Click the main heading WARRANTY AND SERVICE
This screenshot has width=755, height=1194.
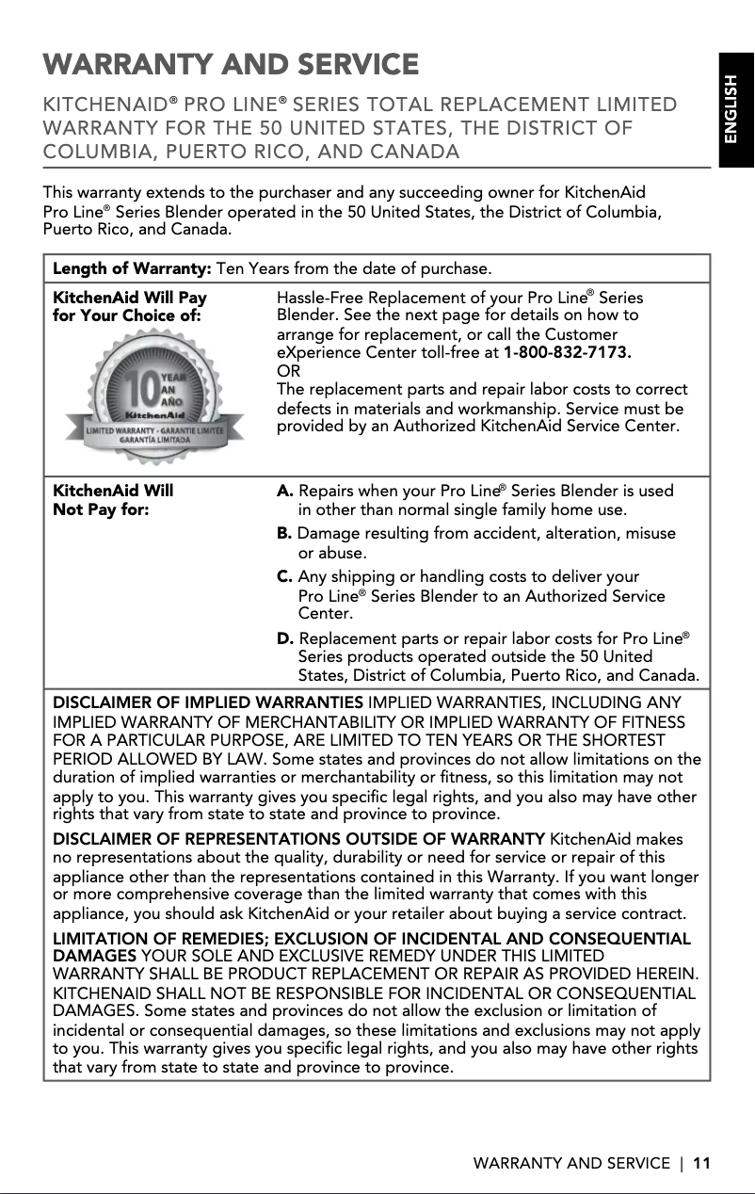231,65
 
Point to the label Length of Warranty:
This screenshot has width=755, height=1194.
133,270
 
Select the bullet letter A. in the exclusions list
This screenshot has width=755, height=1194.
285,492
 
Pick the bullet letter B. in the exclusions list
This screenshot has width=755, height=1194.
284,534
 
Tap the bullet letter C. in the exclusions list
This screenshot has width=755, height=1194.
285,576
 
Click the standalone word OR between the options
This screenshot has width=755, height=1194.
287,371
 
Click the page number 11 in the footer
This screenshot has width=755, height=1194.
700,1163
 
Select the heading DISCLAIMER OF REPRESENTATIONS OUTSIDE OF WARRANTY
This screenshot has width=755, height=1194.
298,839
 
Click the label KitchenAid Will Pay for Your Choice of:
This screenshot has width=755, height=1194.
129,307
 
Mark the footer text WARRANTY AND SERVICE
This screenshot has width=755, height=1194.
570,1163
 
